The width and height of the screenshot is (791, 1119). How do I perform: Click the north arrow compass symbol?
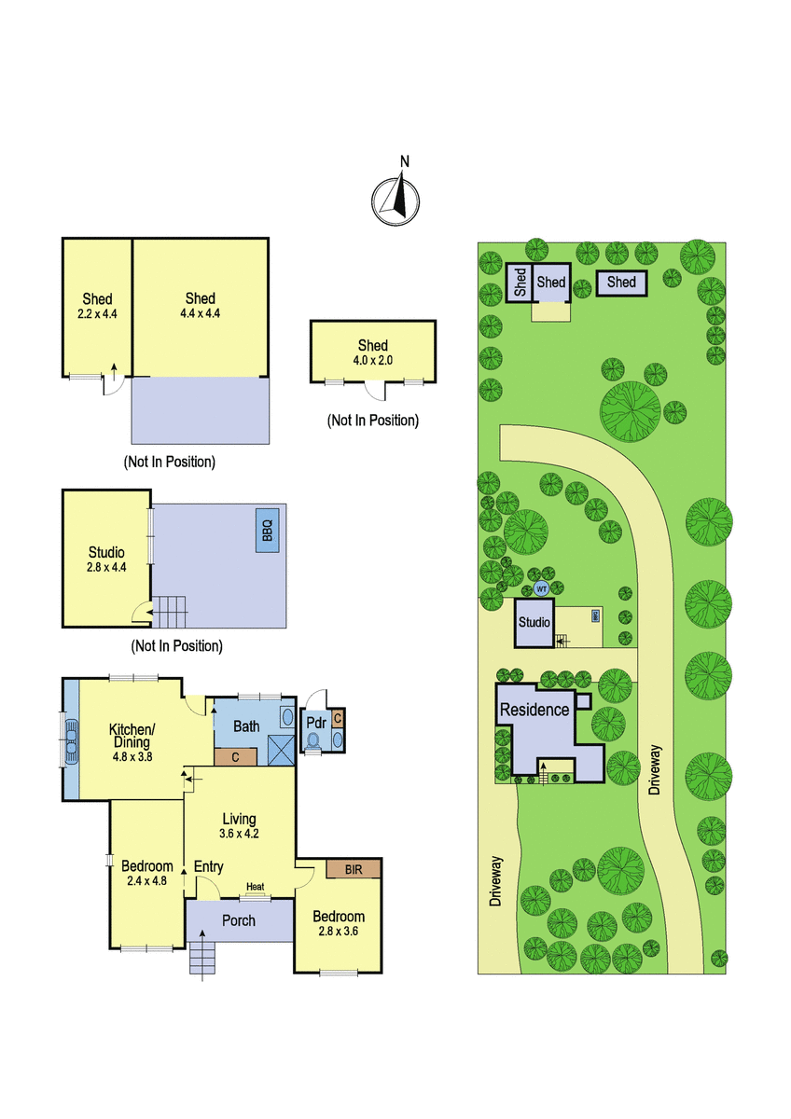(x=395, y=200)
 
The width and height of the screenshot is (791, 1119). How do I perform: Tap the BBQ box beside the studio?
(x=268, y=531)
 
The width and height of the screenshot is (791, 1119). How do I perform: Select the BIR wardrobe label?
(x=354, y=870)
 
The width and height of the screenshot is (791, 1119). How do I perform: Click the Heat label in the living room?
(x=255, y=886)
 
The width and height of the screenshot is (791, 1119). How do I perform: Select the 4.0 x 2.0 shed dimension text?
(x=373, y=360)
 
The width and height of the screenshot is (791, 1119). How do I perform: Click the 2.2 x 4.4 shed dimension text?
(x=97, y=313)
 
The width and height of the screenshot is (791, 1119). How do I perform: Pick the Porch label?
(x=239, y=920)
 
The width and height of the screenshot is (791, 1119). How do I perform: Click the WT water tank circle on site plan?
(x=541, y=589)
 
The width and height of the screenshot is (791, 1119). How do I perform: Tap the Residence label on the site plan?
(x=534, y=710)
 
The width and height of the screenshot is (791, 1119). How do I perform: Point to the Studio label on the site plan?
(x=534, y=622)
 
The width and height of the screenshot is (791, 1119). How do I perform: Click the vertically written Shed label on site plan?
(x=520, y=283)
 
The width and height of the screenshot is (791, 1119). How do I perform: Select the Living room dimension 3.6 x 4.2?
(x=239, y=834)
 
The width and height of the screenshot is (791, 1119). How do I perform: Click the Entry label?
(x=208, y=866)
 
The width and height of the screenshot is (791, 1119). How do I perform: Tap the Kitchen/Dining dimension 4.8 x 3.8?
(x=132, y=756)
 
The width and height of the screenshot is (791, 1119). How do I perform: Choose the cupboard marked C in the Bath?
(x=235, y=757)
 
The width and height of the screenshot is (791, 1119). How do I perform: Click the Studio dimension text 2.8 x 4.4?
(x=106, y=567)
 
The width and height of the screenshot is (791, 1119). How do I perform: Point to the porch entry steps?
(x=201, y=957)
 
